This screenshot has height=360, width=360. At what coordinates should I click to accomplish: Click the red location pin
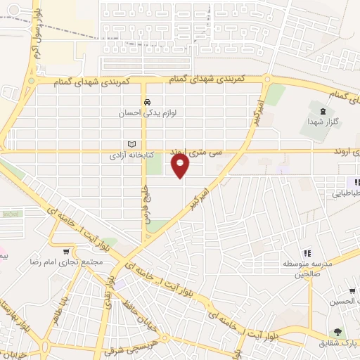pos(181,166)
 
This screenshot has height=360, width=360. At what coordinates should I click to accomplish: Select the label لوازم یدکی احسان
pos(146,112)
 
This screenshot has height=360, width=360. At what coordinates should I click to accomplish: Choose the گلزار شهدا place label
pos(323,122)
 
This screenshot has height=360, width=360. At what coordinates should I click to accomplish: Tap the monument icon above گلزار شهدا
pos(323,111)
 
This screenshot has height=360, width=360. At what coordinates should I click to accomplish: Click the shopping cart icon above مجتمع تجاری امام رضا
pos(67,252)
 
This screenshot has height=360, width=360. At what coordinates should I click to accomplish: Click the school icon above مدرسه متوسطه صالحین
pos(307,253)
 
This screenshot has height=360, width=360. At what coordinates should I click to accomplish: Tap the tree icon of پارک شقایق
pos(338,332)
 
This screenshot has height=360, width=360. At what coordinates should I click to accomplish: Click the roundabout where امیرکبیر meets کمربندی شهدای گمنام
pos(267,79)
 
